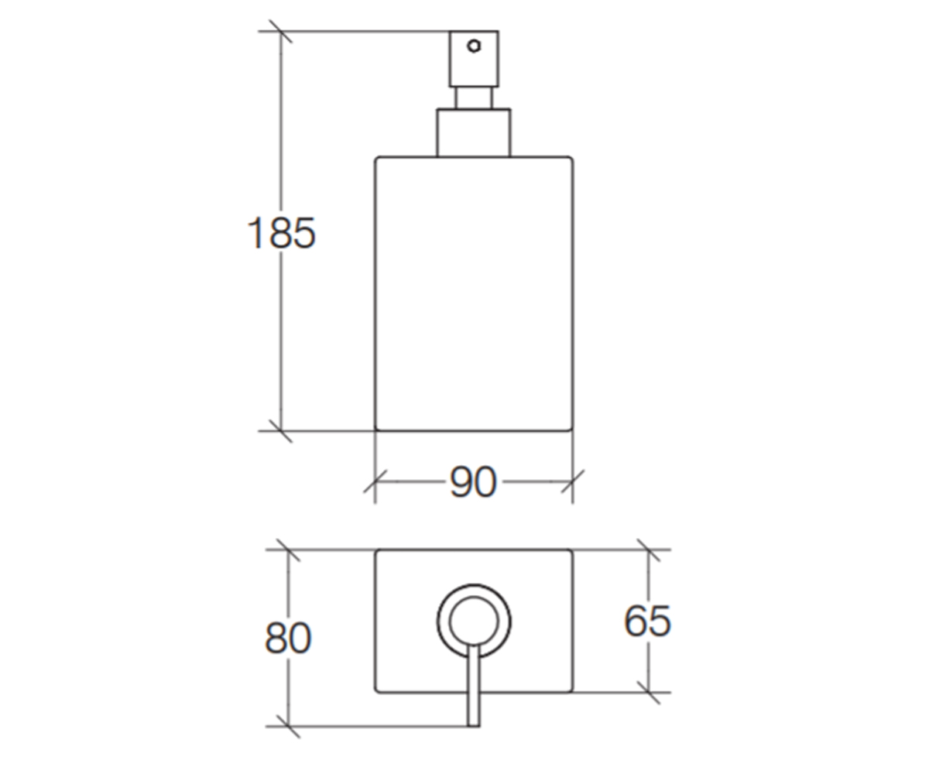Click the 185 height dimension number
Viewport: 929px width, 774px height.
[281, 233]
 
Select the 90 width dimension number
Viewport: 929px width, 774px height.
[472, 482]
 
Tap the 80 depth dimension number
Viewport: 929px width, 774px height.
[288, 638]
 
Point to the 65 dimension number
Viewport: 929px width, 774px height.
[647, 621]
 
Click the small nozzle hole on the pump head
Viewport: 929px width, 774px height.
[474, 46]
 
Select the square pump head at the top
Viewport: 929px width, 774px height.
[474, 59]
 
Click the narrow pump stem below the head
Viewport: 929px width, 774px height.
[474, 98]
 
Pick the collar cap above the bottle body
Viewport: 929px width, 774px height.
[474, 132]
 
